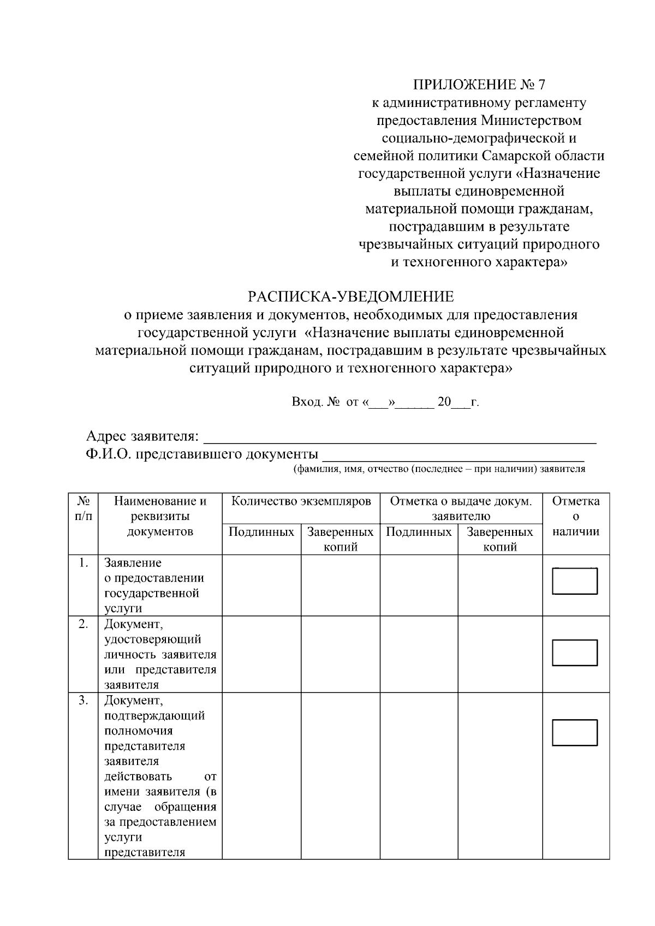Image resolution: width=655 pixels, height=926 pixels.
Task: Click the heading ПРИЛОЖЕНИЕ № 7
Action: pyautogui.click(x=479, y=85)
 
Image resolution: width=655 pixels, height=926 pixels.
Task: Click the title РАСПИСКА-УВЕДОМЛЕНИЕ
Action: pyautogui.click(x=351, y=297)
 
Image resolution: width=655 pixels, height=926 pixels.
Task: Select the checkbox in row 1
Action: pyautogui.click(x=575, y=581)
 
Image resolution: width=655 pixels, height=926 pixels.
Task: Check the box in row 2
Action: pyautogui.click(x=575, y=653)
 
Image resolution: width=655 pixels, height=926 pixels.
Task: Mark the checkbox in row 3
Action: pyautogui.click(x=575, y=732)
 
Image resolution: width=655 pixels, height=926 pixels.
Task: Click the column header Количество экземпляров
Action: pyautogui.click(x=301, y=501)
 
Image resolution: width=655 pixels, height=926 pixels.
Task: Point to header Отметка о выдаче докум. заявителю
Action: pyautogui.click(x=461, y=509)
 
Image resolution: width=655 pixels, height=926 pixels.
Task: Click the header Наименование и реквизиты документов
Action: pyautogui.click(x=160, y=516)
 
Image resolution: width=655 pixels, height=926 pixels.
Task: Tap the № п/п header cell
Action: pyautogui.click(x=83, y=508)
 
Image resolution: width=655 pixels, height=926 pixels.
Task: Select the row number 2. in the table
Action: pyautogui.click(x=83, y=624)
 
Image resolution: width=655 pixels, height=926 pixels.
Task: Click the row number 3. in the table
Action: pyautogui.click(x=83, y=701)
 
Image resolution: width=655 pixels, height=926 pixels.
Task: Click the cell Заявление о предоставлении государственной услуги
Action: pyautogui.click(x=154, y=586)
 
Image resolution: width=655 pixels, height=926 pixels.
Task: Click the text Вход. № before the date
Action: pyautogui.click(x=315, y=402)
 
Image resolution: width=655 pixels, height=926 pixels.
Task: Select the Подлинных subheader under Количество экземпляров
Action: pyautogui.click(x=261, y=532)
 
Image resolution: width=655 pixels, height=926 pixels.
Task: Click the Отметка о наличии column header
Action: pyautogui.click(x=576, y=516)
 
